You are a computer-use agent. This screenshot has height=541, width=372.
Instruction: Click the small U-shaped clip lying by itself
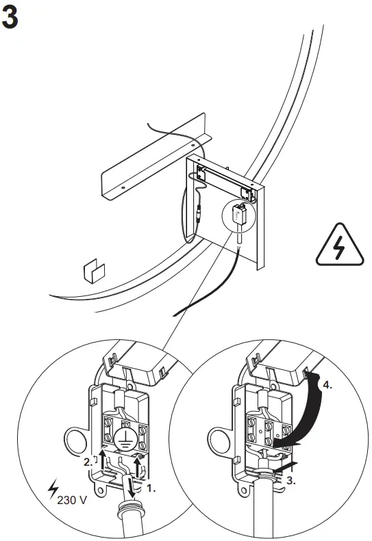[x=91, y=271]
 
